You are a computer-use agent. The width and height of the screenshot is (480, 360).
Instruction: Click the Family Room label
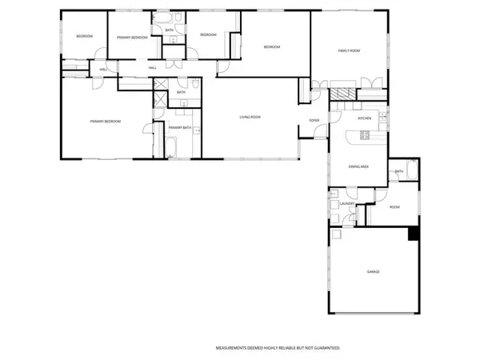click(349, 50)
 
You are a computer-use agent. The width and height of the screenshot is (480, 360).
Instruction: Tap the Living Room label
click(250, 118)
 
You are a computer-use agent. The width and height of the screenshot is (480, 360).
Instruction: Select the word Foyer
click(314, 121)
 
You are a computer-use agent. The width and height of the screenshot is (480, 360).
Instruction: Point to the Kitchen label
click(364, 118)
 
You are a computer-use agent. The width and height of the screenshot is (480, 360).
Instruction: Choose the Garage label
click(373, 272)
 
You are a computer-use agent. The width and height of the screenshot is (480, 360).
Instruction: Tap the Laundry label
click(347, 204)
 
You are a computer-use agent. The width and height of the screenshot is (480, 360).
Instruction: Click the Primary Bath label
click(179, 128)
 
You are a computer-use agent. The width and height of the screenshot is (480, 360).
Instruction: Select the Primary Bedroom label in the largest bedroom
click(105, 121)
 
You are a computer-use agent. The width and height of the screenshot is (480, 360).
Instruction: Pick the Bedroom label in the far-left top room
click(84, 37)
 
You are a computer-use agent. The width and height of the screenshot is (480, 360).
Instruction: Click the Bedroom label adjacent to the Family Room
click(272, 47)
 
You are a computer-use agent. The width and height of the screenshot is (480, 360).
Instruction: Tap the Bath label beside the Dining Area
click(398, 171)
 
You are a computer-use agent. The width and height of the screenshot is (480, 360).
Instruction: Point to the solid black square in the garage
click(414, 234)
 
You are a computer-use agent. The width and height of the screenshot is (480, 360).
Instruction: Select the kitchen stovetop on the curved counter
click(364, 134)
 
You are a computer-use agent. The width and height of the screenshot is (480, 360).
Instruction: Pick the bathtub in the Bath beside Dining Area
click(411, 170)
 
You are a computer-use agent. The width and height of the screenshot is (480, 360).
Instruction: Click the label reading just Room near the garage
click(394, 206)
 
